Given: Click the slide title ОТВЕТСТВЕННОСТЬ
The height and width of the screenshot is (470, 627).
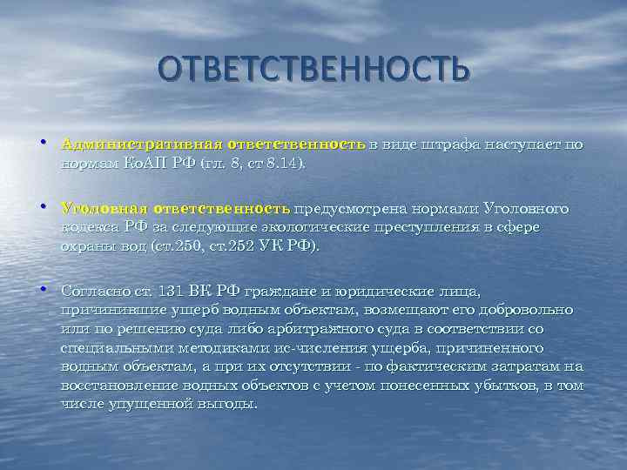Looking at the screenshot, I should pyautogui.click(x=313, y=69).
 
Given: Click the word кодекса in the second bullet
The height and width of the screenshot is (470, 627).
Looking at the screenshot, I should pyautogui.click(x=91, y=227).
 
